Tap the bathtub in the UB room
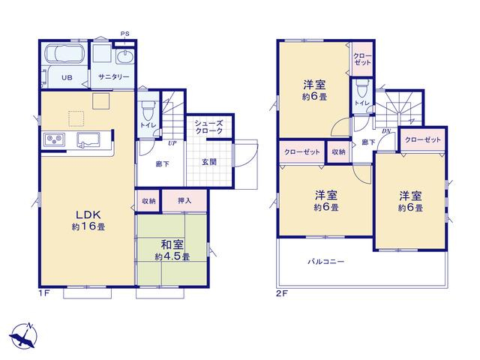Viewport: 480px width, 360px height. (x=65, y=53)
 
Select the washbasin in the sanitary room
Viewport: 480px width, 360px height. (x=125, y=57)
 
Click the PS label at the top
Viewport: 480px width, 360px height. (x=124, y=34)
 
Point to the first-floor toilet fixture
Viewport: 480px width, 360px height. (x=148, y=110)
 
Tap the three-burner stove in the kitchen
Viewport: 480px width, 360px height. (x=55, y=139)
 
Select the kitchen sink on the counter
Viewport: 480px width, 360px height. (x=89, y=139)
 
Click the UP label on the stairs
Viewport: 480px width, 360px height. (x=172, y=142)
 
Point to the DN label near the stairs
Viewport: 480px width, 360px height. (x=386, y=131)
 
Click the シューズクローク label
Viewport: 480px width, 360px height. (x=208, y=127)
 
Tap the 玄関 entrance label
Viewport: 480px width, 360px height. (x=208, y=162)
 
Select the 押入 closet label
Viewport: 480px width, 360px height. (x=184, y=200)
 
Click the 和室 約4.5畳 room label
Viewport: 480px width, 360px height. (x=172, y=250)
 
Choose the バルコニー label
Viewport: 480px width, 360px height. (x=325, y=262)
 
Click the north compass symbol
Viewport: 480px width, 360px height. (x=24, y=335)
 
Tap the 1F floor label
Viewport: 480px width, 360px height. (x=44, y=293)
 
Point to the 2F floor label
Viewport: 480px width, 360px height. (x=282, y=294)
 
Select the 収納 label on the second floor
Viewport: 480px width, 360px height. (x=338, y=151)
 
